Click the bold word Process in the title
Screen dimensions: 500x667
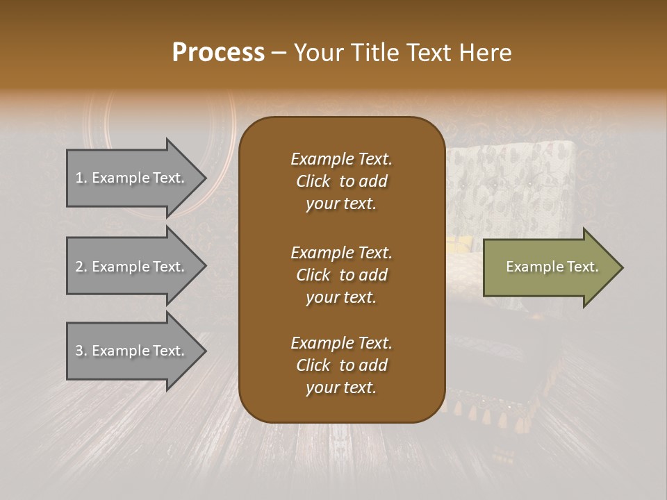tap(218, 53)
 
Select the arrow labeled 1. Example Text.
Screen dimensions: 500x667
tap(132, 178)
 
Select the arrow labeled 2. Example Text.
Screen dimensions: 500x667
tap(132, 267)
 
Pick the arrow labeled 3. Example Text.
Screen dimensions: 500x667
tap(132, 351)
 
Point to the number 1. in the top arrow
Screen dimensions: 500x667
tap(81, 178)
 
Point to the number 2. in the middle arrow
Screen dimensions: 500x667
tap(81, 267)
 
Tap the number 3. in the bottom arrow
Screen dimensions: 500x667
tap(81, 351)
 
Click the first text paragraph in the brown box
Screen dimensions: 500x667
tap(341, 181)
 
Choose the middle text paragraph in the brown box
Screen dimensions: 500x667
tap(341, 274)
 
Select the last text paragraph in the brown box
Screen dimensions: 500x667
tap(341, 365)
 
